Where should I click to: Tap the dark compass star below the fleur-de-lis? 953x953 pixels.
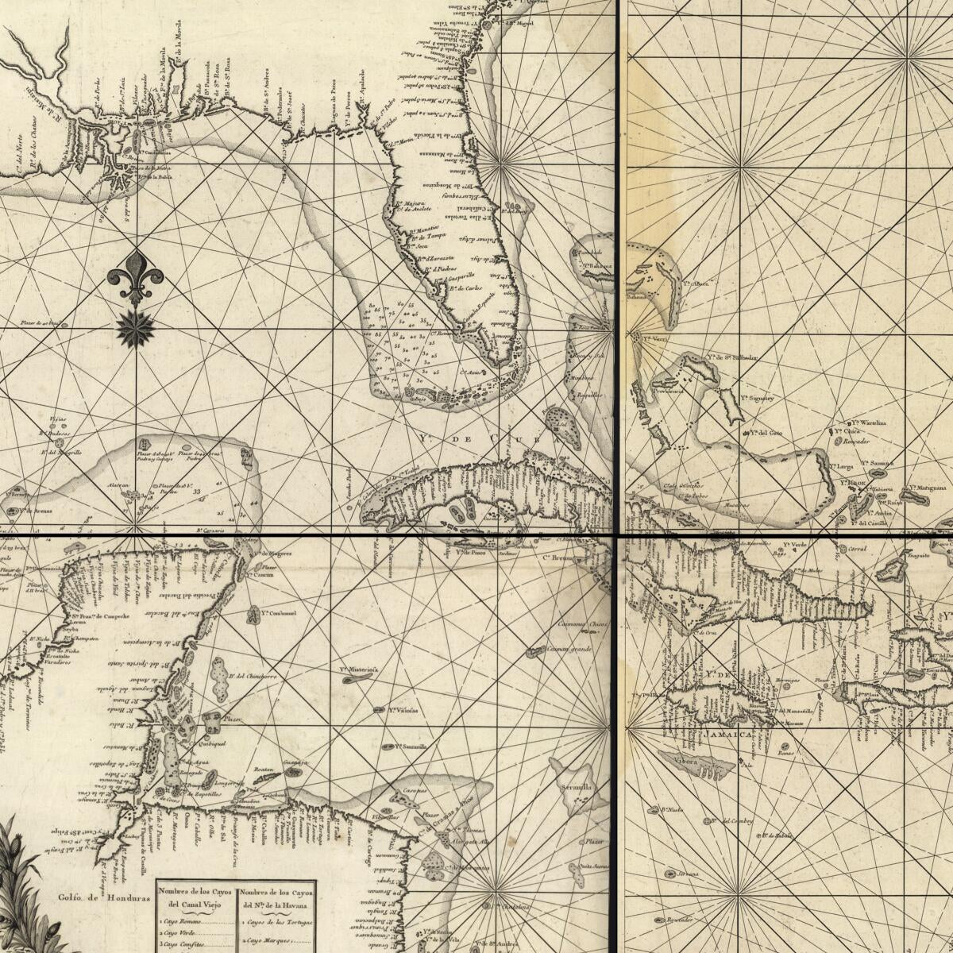tap(135, 329)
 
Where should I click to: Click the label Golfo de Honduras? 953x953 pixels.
tap(104, 898)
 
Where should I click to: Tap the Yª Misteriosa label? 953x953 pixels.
tap(358, 669)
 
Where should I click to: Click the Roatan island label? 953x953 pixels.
tap(264, 770)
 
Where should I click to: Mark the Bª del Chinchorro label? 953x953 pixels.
tap(252, 677)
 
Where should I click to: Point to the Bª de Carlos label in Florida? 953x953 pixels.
tap(464, 288)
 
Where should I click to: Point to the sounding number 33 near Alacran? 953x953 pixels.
tap(195, 492)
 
